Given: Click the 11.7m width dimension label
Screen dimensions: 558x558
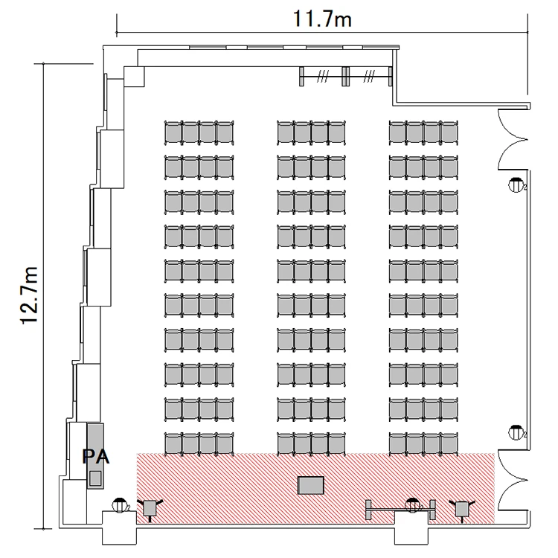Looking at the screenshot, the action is pos(322,19).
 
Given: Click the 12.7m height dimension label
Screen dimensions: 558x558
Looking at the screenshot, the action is pos(29,295).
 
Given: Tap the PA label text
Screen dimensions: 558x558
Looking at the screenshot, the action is pos(96,457).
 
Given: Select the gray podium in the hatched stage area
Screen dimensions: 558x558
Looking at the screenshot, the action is pos(311,485).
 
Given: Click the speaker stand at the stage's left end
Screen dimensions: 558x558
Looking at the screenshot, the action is pos(150,509).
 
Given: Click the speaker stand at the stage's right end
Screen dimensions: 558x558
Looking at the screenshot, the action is pos(462,510).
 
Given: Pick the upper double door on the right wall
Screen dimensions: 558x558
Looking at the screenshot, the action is pos(512,139).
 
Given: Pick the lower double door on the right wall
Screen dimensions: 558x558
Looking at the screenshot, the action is pos(512,480).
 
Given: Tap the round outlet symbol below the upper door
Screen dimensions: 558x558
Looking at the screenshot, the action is pos(516,185).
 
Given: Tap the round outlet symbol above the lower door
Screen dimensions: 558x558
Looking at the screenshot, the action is pos(516,432).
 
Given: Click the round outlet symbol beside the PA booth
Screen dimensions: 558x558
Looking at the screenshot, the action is pos(120,505).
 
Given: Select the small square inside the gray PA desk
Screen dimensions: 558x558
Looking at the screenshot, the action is pos(95,478).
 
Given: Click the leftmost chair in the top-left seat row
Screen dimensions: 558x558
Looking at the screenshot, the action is pos(173,132).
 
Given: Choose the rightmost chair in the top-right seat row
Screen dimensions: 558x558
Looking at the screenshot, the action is pos(449,132).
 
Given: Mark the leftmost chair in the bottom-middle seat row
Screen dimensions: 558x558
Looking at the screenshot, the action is pos(286,444).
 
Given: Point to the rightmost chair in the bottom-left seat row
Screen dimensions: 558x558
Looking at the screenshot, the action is pos(225,444).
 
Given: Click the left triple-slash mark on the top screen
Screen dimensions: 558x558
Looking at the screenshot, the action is pos(323,76).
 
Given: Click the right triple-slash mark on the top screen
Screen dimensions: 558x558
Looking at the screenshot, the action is pos(369,76).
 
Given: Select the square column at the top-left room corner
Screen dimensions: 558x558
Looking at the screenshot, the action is pos(134,77).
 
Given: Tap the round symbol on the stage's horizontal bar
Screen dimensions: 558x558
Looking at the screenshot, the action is pos(412,505).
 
